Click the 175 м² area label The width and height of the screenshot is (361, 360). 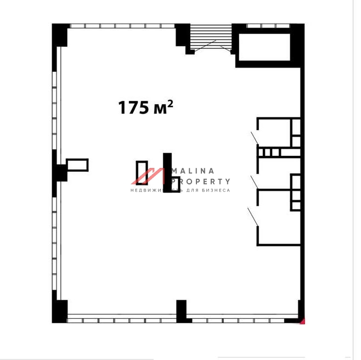coord(145,108)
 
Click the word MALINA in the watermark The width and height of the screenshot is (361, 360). coord(193,171)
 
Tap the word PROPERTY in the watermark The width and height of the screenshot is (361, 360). coord(201,182)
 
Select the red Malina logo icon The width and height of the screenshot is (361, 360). coord(148,176)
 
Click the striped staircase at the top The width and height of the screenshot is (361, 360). coord(211,37)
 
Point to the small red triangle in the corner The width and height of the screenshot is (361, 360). coord(302,321)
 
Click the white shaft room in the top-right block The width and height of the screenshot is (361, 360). coord(264,47)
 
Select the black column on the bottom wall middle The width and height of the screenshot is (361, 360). coord(182,311)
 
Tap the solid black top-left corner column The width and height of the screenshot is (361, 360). coord(60,35)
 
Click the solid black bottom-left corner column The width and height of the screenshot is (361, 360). coord(60,311)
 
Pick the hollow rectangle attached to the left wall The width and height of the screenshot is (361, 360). coord(77,165)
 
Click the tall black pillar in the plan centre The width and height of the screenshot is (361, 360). coord(167,172)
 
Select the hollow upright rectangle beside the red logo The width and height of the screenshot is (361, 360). coord(142,173)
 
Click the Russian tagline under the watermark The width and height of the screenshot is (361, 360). coord(180,190)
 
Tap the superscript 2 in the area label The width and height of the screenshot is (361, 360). coord(170,104)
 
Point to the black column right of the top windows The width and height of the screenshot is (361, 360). coord(182,35)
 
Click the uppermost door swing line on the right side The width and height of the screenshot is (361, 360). coord(255,138)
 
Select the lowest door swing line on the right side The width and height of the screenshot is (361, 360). coord(253,217)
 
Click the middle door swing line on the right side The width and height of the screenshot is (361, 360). coord(255,182)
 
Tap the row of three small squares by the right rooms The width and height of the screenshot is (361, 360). coord(269,152)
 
